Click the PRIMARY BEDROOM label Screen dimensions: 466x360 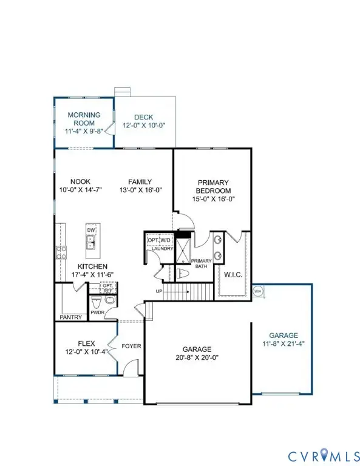(212, 186)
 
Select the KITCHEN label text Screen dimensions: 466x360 (92, 266)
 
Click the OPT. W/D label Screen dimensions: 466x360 (160, 240)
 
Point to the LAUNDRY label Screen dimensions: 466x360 (162, 249)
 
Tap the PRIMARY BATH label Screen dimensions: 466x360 (201, 263)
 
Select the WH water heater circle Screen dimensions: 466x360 (257, 291)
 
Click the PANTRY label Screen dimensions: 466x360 (70, 317)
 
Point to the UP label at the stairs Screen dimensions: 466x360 (160, 291)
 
